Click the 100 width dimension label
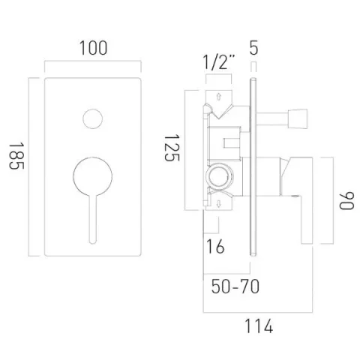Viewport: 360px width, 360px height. pos(92,48)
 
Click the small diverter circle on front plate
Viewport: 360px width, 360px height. pos(93,119)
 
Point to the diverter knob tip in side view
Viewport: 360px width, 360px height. pos(298,118)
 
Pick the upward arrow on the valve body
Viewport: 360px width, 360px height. pos(218,97)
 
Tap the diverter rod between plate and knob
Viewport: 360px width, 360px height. pos(273,118)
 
